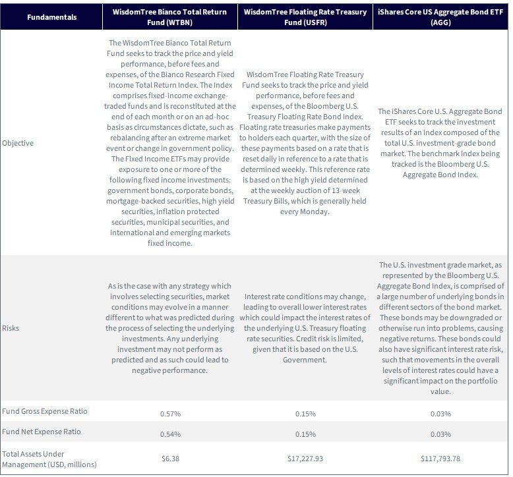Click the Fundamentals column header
[x=51, y=17]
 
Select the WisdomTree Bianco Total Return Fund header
[x=170, y=17]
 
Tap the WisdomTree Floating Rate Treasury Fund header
[x=305, y=17]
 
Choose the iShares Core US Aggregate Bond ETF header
[x=440, y=17]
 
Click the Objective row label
[x=18, y=143]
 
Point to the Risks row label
[x=11, y=328]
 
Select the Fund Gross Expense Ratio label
[x=44, y=411]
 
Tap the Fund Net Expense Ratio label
[x=42, y=432]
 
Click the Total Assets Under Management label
[x=49, y=459]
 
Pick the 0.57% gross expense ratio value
[x=170, y=414]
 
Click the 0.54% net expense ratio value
[x=170, y=434]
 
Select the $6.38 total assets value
[x=171, y=459]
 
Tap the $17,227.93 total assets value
[x=305, y=459]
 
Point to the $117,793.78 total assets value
[x=440, y=459]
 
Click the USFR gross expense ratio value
[x=305, y=414]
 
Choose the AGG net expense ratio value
[x=440, y=434]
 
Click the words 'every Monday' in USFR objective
[x=303, y=211]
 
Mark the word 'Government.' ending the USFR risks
[x=305, y=360]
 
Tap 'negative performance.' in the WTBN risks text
[x=170, y=370]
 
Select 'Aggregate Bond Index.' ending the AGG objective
[x=440, y=175]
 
